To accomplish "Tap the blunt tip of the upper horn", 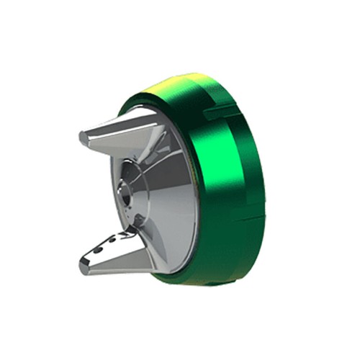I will (x=84, y=135).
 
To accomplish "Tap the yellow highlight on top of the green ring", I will (x=176, y=85).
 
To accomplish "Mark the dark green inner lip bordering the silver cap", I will (x=189, y=187).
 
